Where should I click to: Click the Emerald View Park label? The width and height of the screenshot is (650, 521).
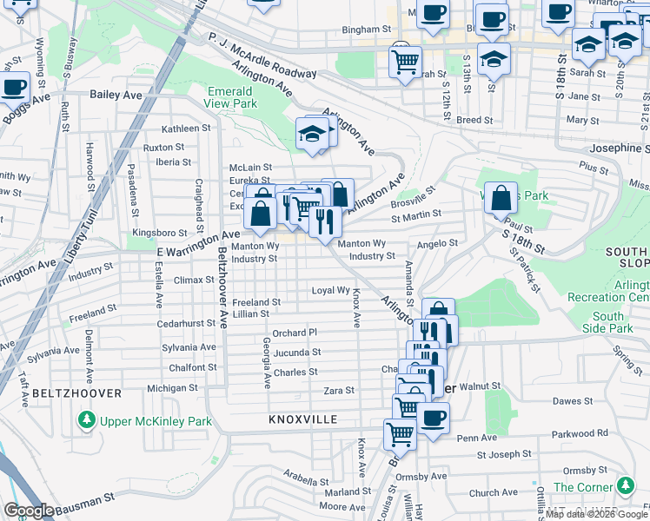click(x=232, y=97)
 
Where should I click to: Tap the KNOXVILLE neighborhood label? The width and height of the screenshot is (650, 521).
click(x=302, y=419)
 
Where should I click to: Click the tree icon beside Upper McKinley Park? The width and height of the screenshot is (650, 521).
click(x=86, y=421)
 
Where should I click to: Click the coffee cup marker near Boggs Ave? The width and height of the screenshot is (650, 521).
click(x=14, y=86)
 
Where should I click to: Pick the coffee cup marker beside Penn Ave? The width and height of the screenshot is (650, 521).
click(x=433, y=416)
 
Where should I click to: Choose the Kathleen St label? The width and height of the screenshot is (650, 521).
click(x=181, y=129)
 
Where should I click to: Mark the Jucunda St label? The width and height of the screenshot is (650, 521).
click(x=297, y=353)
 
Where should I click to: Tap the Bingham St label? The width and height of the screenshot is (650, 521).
click(x=361, y=29)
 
